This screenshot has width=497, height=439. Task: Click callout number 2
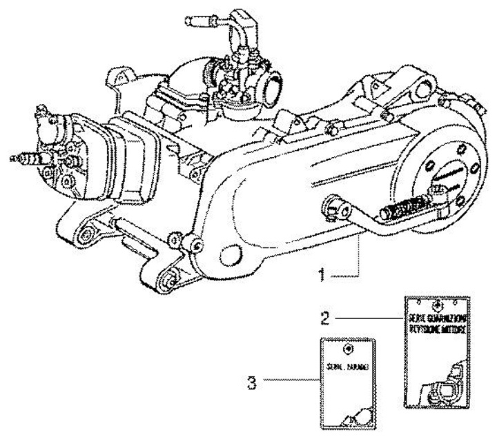click(x=323, y=319)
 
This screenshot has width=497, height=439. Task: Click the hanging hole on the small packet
click(x=349, y=348)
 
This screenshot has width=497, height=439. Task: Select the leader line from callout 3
click(x=291, y=380)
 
